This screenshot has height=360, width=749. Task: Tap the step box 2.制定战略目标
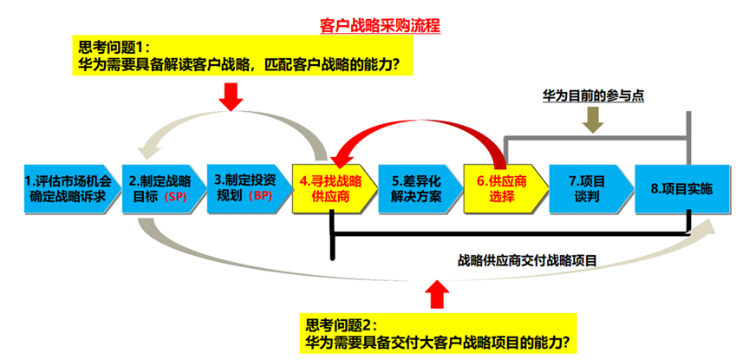pyautogui.click(x=157, y=189)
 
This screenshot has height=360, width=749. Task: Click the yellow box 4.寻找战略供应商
pyautogui.click(x=330, y=189)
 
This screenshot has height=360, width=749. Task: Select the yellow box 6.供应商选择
pyautogui.click(x=501, y=189)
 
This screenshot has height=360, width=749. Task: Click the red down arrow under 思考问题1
pyautogui.click(x=231, y=96)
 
